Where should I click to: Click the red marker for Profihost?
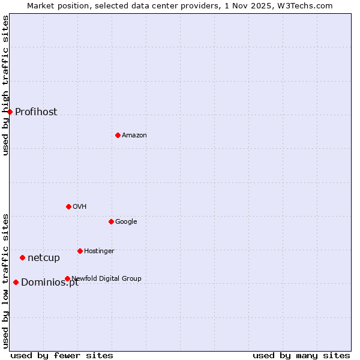10,112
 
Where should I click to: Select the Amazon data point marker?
118,135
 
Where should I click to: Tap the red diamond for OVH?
68,206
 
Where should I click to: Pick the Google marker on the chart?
111,221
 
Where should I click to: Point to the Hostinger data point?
80,251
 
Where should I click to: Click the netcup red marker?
22,257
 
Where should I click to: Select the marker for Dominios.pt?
16,282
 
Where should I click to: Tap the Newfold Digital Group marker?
67,278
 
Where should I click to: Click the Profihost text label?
36,112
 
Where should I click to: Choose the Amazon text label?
134,135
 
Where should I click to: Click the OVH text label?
80,206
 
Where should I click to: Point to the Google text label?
126,221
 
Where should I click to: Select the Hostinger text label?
99,251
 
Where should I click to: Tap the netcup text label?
44,257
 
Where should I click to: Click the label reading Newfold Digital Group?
107,278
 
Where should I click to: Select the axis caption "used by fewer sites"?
62,355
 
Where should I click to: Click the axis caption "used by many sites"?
301,355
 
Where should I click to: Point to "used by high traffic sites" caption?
5,85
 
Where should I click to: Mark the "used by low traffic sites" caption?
5,280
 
